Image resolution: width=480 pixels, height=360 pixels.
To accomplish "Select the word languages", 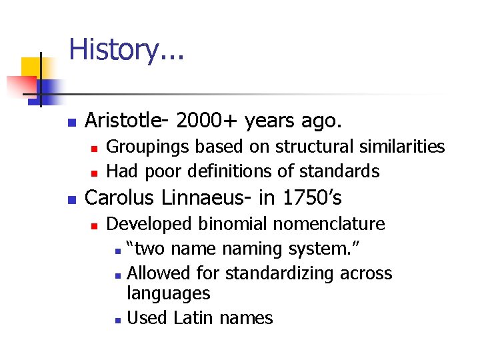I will (168, 293).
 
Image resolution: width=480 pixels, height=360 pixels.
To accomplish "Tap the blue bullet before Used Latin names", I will (117, 319).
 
